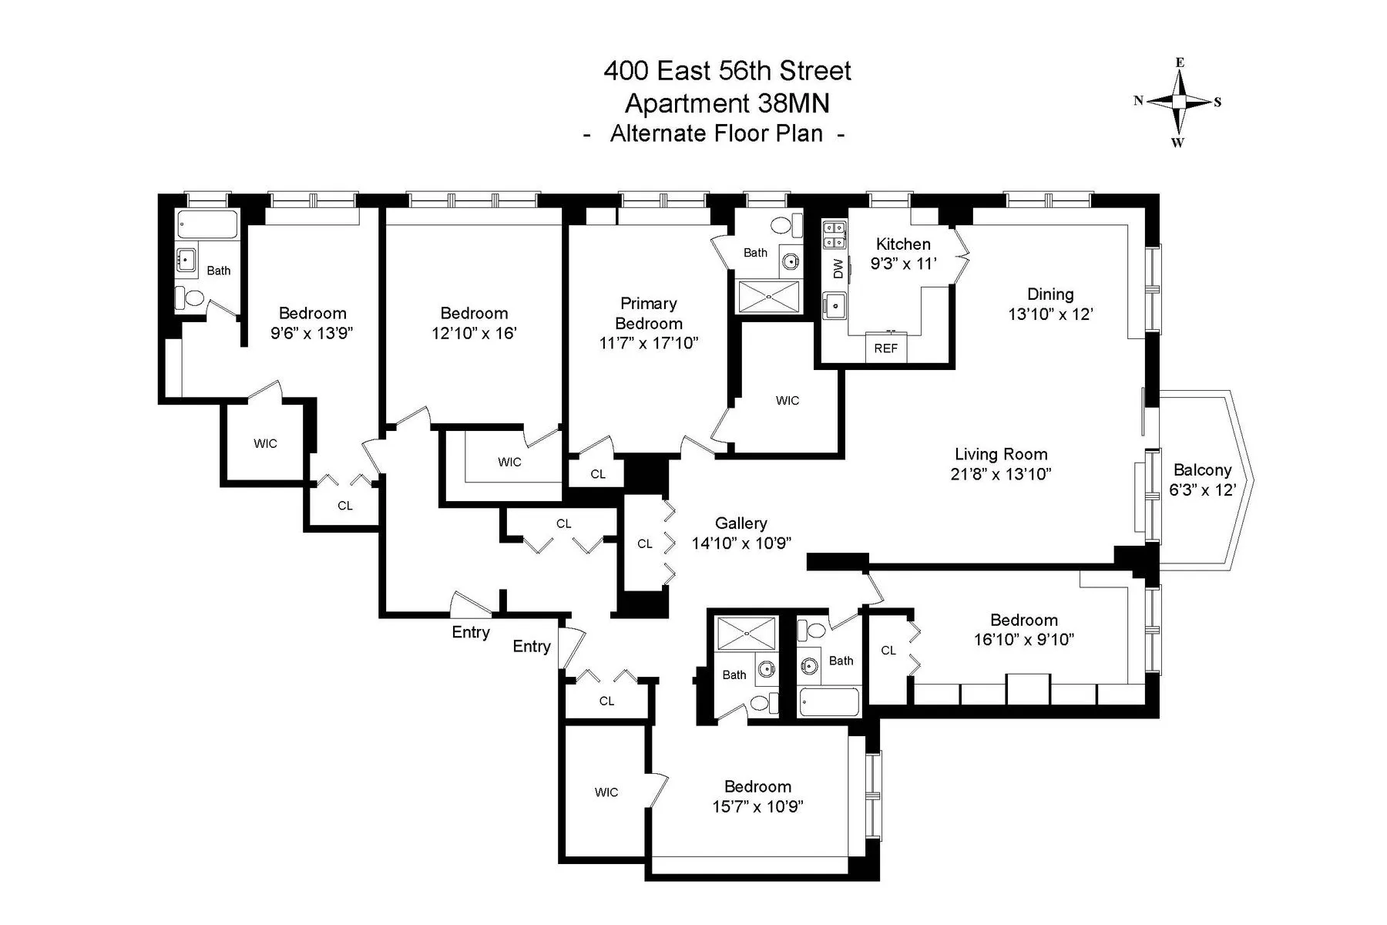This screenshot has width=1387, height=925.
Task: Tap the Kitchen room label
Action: [x=903, y=244]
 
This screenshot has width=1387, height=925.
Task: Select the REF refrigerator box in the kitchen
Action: [x=886, y=348]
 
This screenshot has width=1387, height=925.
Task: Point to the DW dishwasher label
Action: [x=838, y=268]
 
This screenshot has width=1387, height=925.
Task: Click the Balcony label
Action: [x=1202, y=470]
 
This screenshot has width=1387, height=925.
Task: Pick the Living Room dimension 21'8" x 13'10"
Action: [x=1000, y=474]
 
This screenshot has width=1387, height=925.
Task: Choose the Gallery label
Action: [x=741, y=523]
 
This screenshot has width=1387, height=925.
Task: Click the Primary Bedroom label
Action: [x=648, y=314]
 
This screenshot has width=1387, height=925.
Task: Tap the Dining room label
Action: [x=1050, y=294]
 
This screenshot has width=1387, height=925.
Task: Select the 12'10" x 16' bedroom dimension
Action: [x=474, y=333]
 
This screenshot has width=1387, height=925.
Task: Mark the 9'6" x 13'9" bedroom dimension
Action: [x=312, y=333]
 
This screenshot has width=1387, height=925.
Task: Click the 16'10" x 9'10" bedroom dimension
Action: [x=1023, y=639]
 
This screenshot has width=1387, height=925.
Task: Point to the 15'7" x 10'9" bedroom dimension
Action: [x=757, y=806]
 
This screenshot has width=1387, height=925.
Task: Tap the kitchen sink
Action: [x=834, y=305]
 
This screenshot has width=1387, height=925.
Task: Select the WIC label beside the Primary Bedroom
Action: [x=788, y=401]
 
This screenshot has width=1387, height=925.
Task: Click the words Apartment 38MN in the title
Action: [x=727, y=103]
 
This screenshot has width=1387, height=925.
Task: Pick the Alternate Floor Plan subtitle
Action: [x=716, y=134]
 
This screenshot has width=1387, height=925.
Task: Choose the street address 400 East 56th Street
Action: [x=727, y=71]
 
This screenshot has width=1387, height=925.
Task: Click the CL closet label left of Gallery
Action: [x=645, y=544]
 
